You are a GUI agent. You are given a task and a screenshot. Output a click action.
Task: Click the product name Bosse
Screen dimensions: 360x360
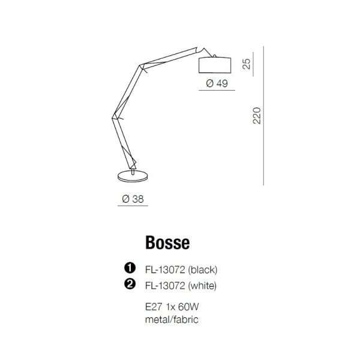(167, 242)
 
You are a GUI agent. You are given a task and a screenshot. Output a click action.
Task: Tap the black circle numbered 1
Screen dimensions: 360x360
(130, 268)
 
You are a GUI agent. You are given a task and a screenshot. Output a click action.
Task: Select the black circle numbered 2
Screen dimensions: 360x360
(130, 284)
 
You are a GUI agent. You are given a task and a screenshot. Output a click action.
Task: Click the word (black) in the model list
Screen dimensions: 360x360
(203, 270)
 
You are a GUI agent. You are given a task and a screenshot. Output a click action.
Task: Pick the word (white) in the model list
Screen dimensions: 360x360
(202, 286)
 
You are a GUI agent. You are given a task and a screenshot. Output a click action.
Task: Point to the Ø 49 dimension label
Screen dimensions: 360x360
(217, 83)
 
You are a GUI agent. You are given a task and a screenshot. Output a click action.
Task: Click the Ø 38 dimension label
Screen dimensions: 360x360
(133, 199)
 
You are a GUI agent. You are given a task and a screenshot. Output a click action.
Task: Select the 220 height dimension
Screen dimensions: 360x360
(257, 116)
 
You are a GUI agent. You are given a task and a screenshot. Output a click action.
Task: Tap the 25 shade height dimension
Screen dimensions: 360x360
(247, 64)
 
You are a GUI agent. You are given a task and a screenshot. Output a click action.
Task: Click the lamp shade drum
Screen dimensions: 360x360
(215, 65)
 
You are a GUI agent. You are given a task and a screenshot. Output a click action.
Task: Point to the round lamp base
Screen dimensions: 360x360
(133, 176)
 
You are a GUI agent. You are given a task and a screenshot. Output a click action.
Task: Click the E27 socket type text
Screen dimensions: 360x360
(154, 307)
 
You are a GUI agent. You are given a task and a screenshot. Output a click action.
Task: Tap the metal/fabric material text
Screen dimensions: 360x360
(172, 320)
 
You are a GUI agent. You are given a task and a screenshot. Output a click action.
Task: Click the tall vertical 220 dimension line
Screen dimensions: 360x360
(263, 116)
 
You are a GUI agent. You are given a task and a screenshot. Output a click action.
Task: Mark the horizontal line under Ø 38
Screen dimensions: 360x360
(133, 206)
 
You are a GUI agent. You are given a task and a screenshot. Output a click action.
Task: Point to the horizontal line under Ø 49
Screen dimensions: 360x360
(217, 90)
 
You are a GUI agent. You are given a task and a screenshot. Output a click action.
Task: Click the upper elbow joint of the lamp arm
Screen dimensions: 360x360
(142, 67)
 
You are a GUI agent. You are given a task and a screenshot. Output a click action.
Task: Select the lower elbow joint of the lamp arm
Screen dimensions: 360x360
(115, 118)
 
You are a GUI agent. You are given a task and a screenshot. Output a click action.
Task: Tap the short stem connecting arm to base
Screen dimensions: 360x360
(133, 172)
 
